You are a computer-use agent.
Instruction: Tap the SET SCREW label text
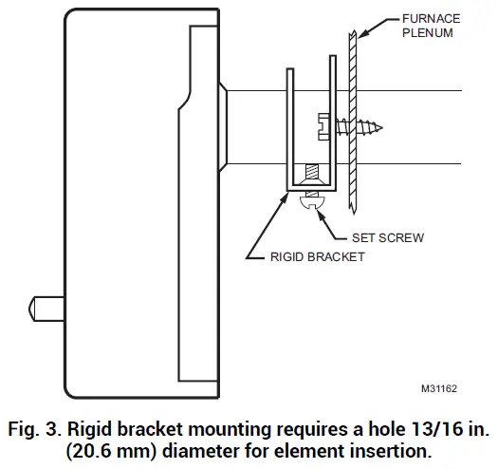(x=385, y=237)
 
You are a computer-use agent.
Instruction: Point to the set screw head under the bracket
(x=311, y=200)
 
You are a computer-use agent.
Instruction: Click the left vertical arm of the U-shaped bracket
(x=289, y=123)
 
